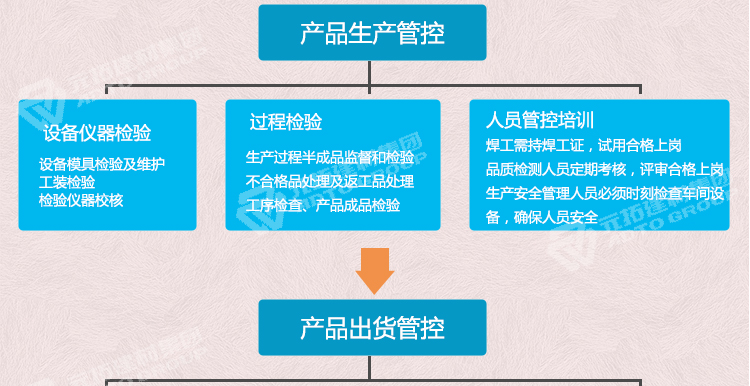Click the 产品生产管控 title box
click(x=372, y=32)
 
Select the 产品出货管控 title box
click(x=372, y=327)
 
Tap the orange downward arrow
click(x=375, y=269)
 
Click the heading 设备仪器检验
click(x=97, y=132)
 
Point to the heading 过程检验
click(x=286, y=123)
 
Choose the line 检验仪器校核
click(x=80, y=199)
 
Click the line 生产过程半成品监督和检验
click(x=329, y=157)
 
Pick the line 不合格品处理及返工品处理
click(x=329, y=181)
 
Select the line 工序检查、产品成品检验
click(x=322, y=205)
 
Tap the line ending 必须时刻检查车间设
click(x=603, y=192)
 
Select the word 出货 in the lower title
click(x=372, y=327)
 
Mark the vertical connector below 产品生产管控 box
click(x=371, y=72)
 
